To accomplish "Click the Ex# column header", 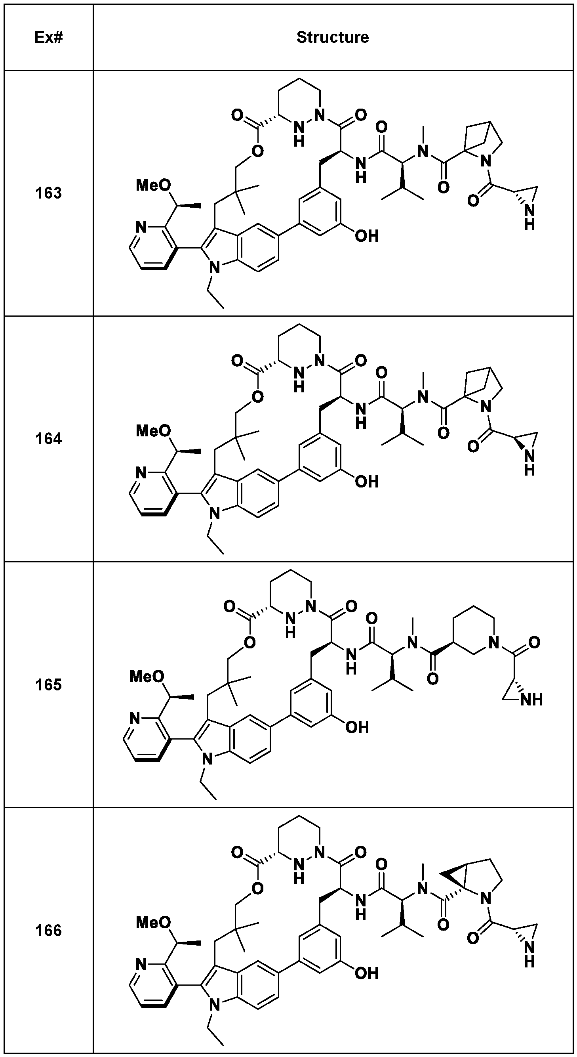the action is coord(48,37).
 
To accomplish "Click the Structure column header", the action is coord(332,37).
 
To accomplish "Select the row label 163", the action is coord(48,193).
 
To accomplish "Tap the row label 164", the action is coord(48,439).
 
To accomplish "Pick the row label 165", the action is coord(48,685).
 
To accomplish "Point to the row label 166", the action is coord(48,931).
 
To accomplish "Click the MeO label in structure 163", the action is coord(153,185).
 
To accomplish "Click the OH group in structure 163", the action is coord(366,236).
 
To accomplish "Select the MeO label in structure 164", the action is coord(153,431).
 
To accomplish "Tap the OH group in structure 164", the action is coord(366,481).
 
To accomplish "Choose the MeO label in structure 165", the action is coord(147,677).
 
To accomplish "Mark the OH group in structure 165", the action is coord(357,728).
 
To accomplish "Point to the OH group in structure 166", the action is coord(366,973).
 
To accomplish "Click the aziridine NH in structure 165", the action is coord(531,699).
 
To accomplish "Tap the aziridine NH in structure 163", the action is coord(529,217).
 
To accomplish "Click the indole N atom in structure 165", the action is coord(208,759).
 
